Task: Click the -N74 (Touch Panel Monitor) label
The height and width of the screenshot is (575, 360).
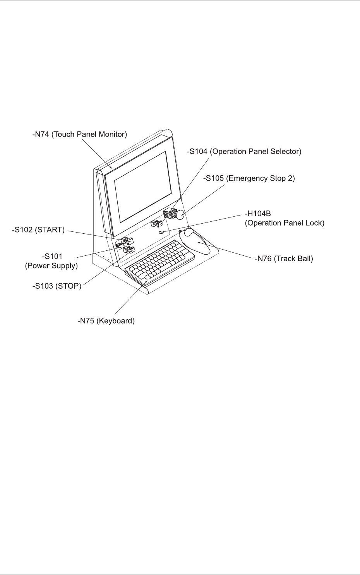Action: click(80, 135)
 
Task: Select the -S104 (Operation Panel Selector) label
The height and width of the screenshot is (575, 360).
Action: click(244, 152)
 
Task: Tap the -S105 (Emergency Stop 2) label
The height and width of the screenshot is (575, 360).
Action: click(249, 178)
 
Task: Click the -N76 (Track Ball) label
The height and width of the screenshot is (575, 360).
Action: click(284, 258)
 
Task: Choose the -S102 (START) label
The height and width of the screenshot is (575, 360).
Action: click(38, 230)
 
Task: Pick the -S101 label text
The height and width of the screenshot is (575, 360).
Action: click(52, 256)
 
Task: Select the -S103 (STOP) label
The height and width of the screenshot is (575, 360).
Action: click(57, 286)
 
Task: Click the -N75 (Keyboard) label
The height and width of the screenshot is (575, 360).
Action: click(106, 321)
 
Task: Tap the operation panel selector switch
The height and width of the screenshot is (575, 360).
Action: click(156, 224)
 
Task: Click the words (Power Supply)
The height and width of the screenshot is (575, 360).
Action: click(51, 266)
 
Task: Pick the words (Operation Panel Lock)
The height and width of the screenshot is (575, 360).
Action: click(285, 223)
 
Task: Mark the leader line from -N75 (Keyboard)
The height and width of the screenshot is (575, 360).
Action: click(130, 300)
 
